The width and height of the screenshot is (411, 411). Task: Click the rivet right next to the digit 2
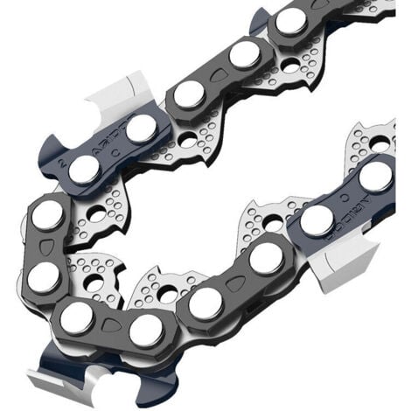click(84, 169)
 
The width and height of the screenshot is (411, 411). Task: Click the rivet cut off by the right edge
click(377, 175)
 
